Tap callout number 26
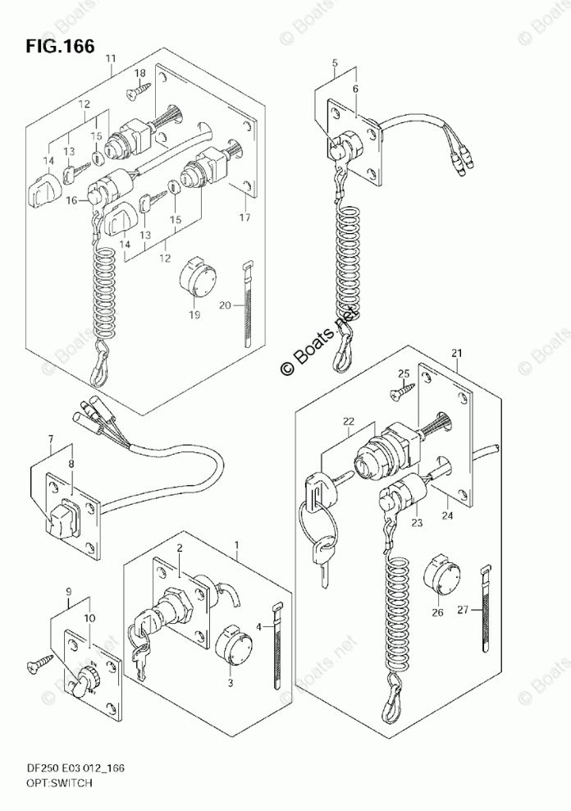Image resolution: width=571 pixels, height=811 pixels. [436, 612]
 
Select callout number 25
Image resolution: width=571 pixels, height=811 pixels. [402, 374]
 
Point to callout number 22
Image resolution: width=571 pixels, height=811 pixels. [349, 421]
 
